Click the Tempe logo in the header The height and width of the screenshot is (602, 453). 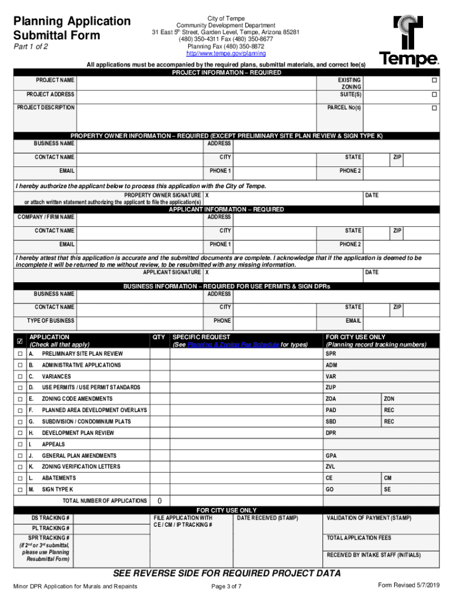[x=408, y=41]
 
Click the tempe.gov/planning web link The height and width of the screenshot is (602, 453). [x=226, y=53]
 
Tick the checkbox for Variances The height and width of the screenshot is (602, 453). [x=20, y=377]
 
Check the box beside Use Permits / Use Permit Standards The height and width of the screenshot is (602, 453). [x=20, y=388]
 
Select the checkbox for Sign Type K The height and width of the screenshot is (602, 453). [x=20, y=490]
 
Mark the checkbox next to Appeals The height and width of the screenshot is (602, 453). [x=20, y=444]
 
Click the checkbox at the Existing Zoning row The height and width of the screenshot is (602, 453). [x=434, y=80]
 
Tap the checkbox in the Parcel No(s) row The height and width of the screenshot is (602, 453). [x=434, y=108]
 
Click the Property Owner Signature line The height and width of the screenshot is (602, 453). [x=282, y=195]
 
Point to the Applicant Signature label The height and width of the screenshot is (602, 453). [x=172, y=273]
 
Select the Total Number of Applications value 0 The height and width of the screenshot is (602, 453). [x=159, y=501]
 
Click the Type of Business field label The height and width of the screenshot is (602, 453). [x=51, y=321]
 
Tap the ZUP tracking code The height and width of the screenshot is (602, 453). [x=331, y=387]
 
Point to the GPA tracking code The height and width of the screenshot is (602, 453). [x=331, y=456]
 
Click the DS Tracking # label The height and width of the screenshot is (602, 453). [x=51, y=518]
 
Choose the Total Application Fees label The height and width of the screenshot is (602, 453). [x=358, y=538]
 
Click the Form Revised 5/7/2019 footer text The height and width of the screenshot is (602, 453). [x=408, y=586]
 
